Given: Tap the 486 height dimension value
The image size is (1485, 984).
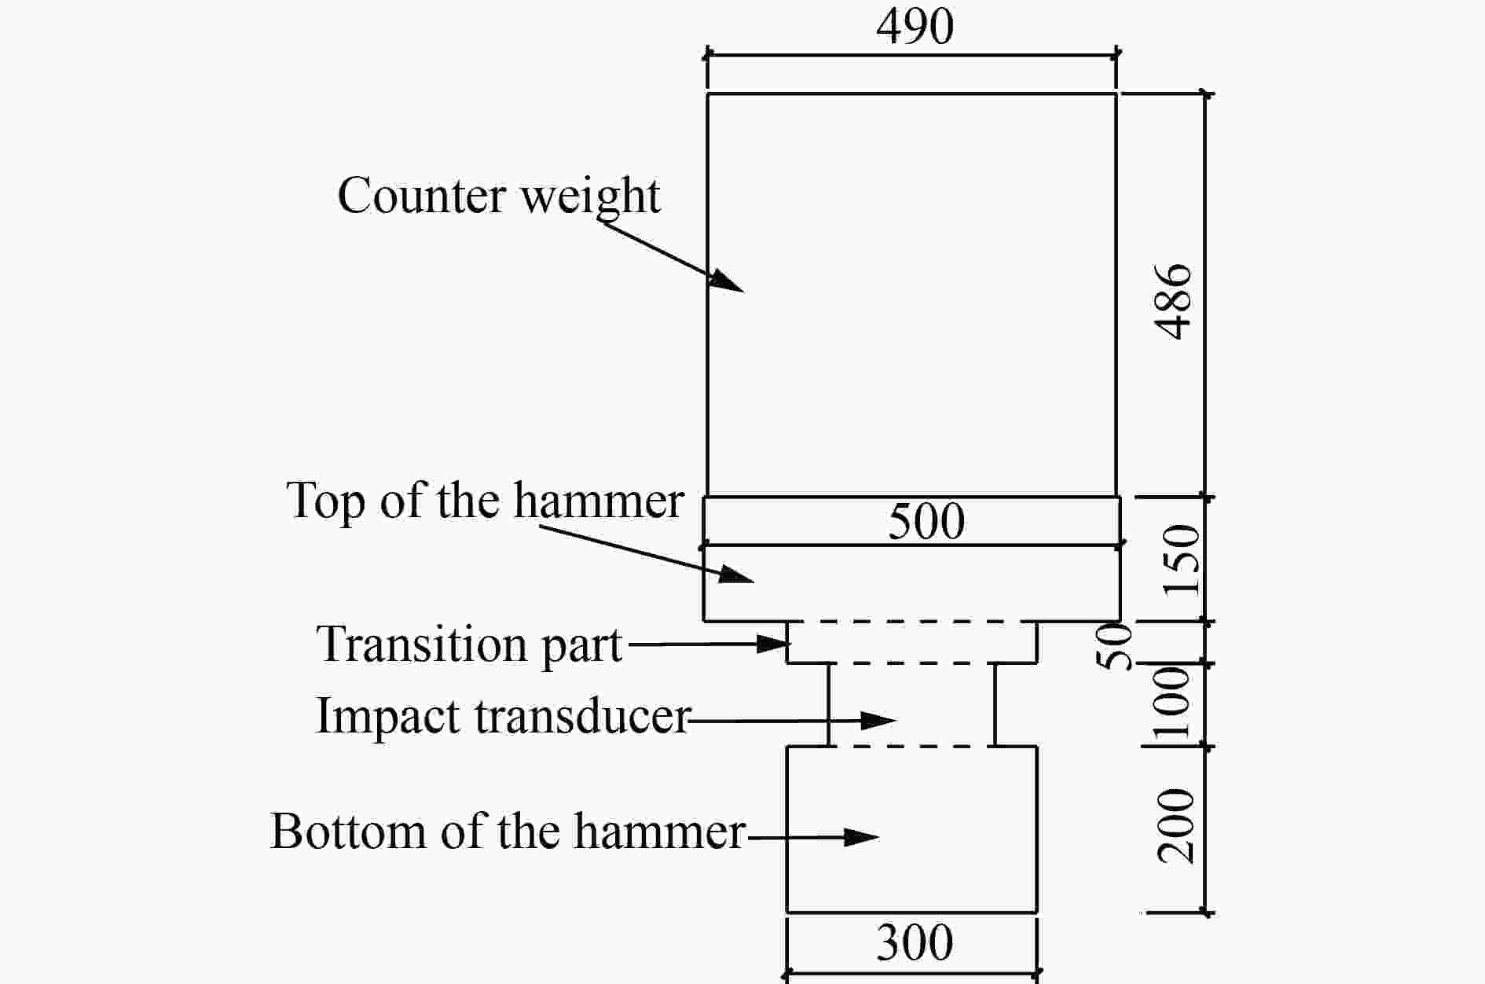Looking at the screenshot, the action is (1175, 302).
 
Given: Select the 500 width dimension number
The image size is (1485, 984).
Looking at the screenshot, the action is (926, 520).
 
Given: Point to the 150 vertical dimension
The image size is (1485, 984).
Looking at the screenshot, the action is (1182, 561).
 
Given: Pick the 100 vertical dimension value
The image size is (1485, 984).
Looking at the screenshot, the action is (1172, 703).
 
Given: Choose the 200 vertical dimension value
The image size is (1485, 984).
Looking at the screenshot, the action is (1176, 826).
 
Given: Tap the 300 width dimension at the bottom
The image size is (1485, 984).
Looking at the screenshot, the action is (915, 942).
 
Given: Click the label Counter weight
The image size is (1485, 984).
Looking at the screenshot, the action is (499, 196).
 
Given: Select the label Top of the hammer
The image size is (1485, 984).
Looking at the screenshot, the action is (485, 500).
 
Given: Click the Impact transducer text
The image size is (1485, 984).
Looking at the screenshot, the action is (503, 717).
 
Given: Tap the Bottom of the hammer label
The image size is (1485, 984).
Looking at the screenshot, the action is (508, 831).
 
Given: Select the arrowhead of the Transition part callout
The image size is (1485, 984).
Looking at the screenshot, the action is (773, 644).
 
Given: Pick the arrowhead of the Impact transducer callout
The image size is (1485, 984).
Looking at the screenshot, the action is (880, 720).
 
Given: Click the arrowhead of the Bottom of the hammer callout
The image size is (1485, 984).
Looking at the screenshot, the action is (862, 838).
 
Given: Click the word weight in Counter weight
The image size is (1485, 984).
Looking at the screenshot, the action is (591, 198).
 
